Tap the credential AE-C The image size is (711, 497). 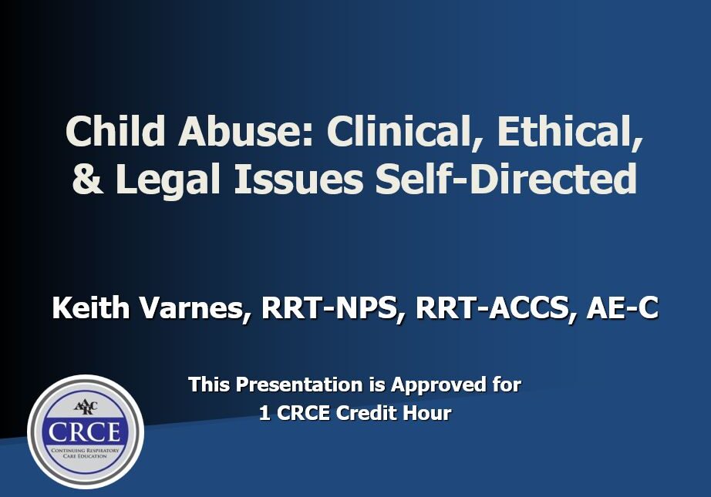tap(623, 308)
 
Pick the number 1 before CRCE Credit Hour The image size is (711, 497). tap(265, 413)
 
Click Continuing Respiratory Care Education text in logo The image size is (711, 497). tap(85, 451)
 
